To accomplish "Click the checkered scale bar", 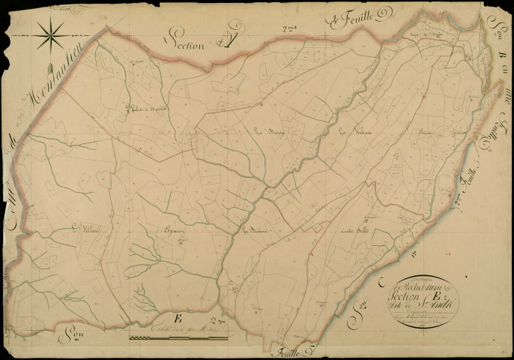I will pyautogui.click(x=178, y=338).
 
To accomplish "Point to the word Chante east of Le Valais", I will pyautogui.click(x=428, y=136).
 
